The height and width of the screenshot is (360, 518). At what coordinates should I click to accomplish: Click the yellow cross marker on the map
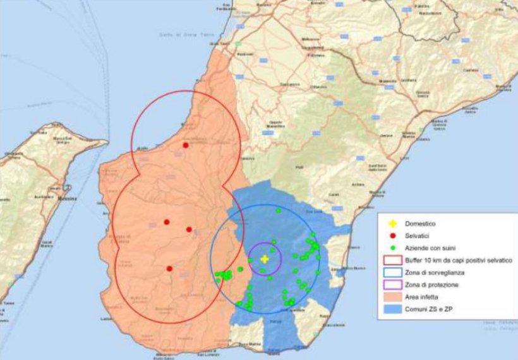coord(265,258)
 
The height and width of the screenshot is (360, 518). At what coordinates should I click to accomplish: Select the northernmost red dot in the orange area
coord(185,145)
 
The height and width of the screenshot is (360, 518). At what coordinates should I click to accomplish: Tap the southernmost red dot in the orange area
coord(169,268)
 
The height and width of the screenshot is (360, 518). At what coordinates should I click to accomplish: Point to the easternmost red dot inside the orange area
coord(189,229)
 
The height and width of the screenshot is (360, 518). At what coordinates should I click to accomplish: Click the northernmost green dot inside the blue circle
coord(278,210)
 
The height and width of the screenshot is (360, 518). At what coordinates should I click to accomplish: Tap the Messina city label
coord(67,200)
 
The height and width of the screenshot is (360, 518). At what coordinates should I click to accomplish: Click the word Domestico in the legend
coord(423,224)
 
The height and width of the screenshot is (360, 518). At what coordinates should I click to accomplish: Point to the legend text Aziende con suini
coord(433,248)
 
